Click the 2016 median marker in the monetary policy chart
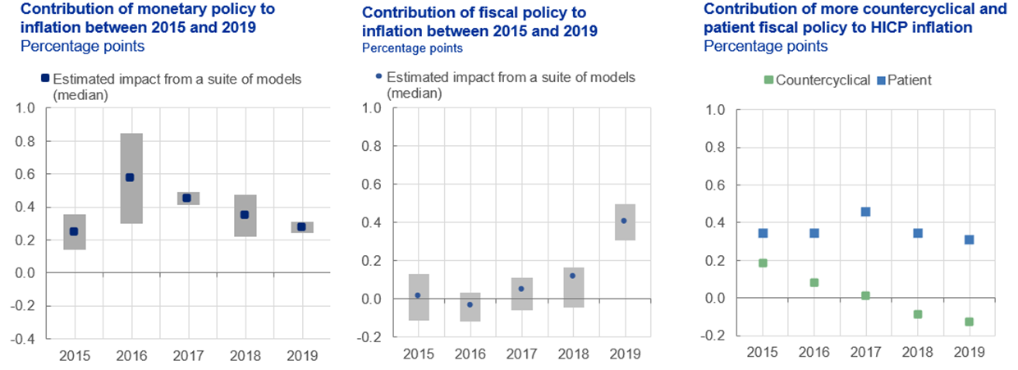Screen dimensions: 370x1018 point(130,177)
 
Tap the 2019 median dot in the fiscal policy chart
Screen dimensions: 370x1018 point(624,221)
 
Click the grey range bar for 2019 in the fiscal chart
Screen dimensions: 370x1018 point(624,238)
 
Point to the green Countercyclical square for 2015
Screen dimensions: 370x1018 point(763,263)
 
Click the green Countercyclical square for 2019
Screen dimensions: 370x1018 point(969,322)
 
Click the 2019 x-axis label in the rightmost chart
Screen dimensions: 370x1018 point(969,352)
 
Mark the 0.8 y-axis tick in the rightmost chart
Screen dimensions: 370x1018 point(719,148)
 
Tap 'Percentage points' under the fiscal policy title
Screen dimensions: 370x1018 point(412,48)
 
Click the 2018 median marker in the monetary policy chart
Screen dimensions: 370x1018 point(243,215)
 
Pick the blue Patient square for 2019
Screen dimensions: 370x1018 point(969,240)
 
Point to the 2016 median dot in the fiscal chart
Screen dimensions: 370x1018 point(470,304)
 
